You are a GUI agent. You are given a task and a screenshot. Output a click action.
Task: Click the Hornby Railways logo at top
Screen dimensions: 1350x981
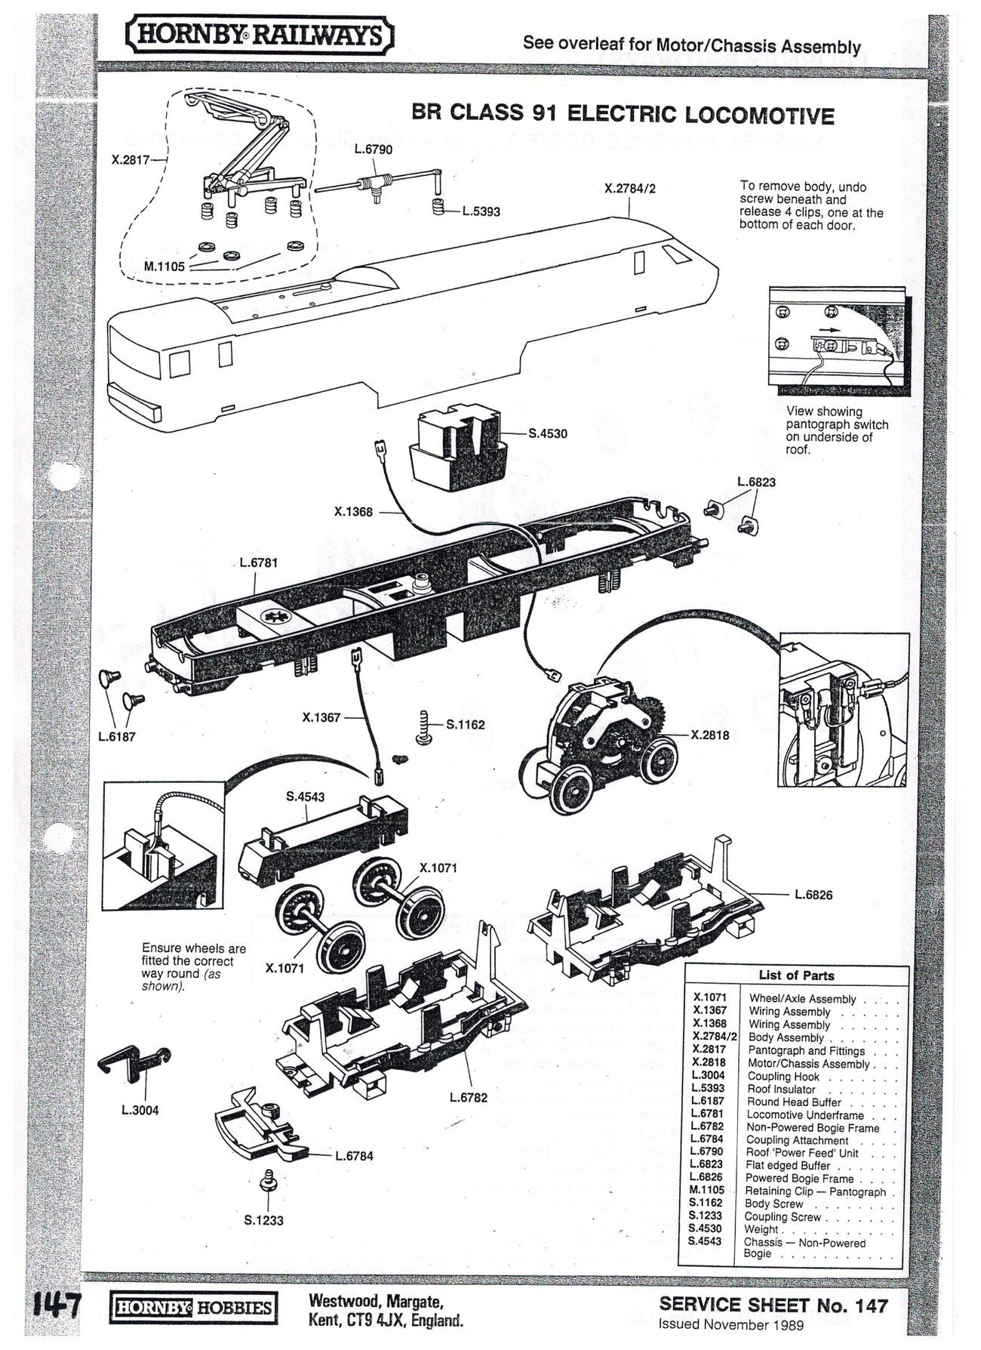[260, 35]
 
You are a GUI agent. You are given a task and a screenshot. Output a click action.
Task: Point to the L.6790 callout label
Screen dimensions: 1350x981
[374, 149]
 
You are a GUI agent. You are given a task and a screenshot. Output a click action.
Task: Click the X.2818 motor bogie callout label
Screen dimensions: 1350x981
[709, 735]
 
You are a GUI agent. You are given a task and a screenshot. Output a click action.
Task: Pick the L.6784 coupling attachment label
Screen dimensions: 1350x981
[354, 1156]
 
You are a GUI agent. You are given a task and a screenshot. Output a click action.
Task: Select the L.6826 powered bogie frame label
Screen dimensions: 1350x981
[813, 895]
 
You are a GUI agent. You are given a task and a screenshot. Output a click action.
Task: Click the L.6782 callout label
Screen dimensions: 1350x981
[469, 1097]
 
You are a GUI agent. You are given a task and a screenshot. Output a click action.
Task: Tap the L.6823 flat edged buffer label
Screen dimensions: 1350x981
[756, 482]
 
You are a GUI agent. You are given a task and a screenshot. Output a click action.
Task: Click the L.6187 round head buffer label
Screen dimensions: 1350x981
[117, 736]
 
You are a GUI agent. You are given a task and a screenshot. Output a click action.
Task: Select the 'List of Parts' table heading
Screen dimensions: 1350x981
[796, 976]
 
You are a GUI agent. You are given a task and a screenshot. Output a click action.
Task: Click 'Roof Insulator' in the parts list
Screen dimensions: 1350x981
[781, 1090]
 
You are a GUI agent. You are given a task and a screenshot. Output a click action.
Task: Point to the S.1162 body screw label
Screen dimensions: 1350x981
[465, 725]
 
